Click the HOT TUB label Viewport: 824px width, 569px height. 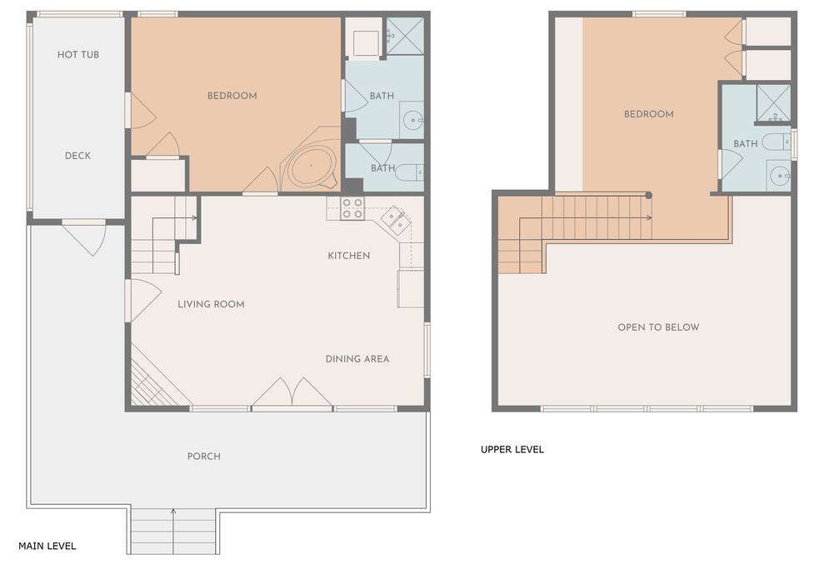pos(77,54)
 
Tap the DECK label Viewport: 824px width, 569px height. pos(77,156)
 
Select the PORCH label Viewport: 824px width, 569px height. pos(204,456)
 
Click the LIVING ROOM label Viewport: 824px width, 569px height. pos(211,304)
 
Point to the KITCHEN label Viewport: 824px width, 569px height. pos(349,255)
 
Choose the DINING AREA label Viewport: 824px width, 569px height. pos(357,359)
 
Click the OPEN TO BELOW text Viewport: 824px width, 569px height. pos(658,327)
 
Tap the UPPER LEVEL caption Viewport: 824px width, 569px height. pos(512,449)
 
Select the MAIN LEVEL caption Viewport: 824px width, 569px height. pos(47,546)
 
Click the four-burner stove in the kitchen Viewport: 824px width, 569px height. pos(352,208)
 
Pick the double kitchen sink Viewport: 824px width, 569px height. pos(396,220)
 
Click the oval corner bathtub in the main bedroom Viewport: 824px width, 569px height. pos(311,166)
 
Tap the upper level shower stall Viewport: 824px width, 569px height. pos(773,103)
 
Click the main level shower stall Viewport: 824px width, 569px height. pos(405,36)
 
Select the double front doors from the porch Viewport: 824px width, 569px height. pos(292,392)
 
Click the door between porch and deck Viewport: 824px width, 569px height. pos(84,237)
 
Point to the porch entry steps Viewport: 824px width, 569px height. pos(173,532)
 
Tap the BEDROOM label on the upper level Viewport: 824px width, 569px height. pos(648,114)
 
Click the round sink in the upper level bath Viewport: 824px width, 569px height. pos(778,176)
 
